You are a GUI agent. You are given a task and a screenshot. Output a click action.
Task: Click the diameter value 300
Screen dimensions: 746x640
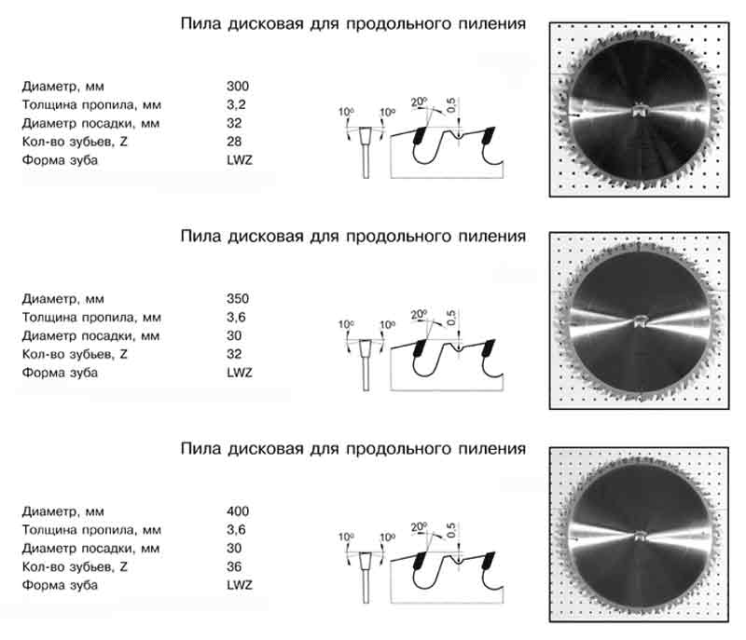[238, 86]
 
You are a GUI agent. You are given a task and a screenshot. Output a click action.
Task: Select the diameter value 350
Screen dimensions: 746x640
[238, 298]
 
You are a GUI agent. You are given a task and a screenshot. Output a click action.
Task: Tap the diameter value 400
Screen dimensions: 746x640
[238, 511]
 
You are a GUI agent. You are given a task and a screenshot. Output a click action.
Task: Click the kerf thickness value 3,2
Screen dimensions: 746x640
[236, 104]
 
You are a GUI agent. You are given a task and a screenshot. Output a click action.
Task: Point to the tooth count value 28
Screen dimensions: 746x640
[234, 141]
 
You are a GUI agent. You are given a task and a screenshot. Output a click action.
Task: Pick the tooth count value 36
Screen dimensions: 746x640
[234, 566]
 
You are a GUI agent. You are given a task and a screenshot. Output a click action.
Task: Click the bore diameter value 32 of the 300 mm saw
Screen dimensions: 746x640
[234, 123]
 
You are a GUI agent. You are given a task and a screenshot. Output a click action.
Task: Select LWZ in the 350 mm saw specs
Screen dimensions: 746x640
[240, 373]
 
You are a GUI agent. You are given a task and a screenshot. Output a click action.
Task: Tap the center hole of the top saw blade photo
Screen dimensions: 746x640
[639, 110]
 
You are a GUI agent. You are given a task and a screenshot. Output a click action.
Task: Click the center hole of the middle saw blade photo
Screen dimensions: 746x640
[639, 321]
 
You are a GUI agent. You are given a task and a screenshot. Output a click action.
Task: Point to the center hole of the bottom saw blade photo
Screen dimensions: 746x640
[639, 537]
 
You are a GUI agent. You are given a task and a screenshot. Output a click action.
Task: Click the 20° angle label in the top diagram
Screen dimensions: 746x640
[419, 102]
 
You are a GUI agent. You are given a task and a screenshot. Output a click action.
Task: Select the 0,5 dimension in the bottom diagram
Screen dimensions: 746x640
[451, 530]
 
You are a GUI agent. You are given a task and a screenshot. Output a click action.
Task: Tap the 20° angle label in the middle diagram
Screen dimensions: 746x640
[419, 314]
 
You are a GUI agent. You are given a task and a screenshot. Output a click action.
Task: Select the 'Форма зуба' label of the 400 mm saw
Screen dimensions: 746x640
[60, 585]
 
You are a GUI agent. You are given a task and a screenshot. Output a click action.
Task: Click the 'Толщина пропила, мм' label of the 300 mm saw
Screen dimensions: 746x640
[91, 104]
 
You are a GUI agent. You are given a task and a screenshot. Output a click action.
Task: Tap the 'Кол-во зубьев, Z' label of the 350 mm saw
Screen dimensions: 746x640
[75, 354]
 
